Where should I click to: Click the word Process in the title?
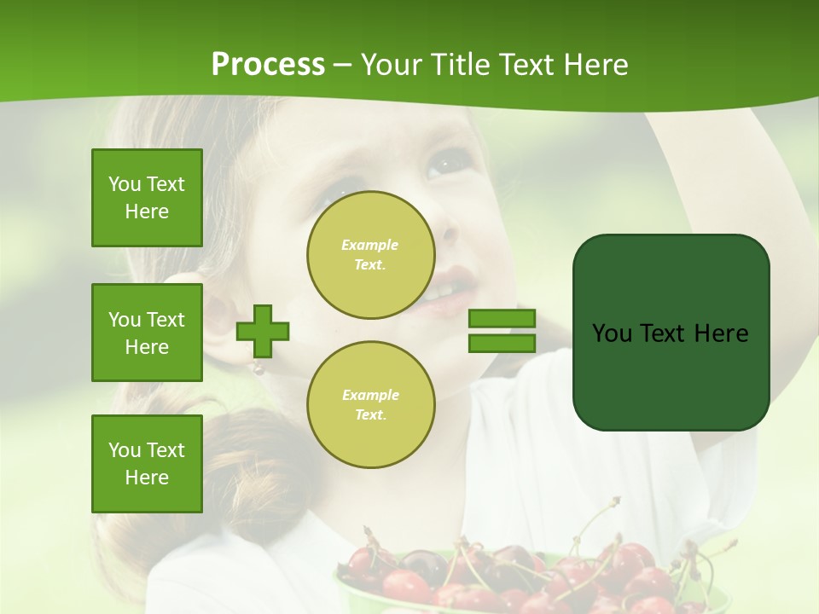[x=268, y=65]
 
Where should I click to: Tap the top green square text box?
[x=147, y=198]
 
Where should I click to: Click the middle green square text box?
[x=147, y=333]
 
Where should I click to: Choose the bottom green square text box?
[x=147, y=464]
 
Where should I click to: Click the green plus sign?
[x=263, y=331]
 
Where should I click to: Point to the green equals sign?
[x=502, y=331]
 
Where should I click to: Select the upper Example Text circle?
[x=370, y=255]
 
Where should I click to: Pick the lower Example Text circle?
[x=370, y=405]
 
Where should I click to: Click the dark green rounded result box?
[x=671, y=333]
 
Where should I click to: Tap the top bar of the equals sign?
[x=502, y=319]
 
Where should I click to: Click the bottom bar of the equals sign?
[x=502, y=343]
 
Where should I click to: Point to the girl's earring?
[x=255, y=368]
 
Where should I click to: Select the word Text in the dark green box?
[x=664, y=333]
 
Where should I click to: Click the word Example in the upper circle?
[x=370, y=245]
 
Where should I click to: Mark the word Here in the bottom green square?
[x=147, y=478]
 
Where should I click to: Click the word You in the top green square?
[x=125, y=184]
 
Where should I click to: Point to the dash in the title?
[x=343, y=66]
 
